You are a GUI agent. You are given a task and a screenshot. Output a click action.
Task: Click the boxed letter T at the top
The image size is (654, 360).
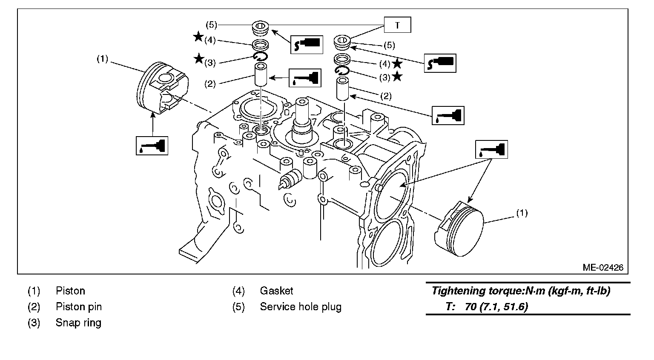[397, 25]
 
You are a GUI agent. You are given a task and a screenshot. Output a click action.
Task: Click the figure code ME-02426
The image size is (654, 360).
[603, 268]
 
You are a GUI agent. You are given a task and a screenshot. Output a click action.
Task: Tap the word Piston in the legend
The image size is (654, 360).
[70, 291]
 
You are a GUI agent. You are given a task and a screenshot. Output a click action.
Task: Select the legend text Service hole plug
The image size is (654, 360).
[301, 307]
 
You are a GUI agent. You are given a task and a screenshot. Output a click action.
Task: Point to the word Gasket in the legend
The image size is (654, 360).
[276, 291]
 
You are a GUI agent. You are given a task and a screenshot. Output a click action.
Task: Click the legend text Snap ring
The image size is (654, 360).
[78, 323]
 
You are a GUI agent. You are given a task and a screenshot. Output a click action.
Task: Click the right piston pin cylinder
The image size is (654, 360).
[343, 89]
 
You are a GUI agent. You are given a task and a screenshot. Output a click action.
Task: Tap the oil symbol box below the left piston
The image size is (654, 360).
[152, 145]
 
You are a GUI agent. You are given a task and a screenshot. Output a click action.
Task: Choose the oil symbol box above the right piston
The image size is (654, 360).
[491, 150]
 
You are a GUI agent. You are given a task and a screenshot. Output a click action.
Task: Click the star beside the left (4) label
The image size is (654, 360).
[198, 37]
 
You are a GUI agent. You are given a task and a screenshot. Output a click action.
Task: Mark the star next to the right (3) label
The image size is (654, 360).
[397, 77]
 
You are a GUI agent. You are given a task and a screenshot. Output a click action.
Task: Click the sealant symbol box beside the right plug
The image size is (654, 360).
[440, 63]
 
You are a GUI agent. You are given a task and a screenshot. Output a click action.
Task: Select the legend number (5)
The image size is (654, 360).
[238, 307]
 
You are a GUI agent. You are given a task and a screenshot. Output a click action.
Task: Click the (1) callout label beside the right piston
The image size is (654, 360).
[522, 213]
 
